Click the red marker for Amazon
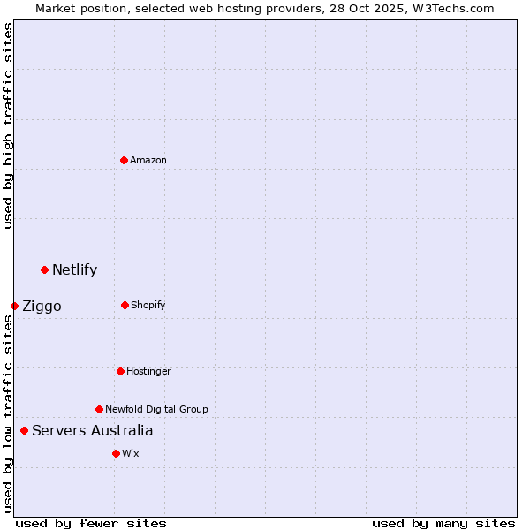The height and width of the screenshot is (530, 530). tap(124, 160)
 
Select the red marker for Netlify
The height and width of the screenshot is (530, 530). tap(44, 269)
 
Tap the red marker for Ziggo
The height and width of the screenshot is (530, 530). tap(14, 306)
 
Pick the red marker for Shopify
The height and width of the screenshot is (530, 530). tap(125, 305)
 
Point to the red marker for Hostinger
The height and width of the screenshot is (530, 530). tap(120, 371)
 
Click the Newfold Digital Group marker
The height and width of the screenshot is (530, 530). tap(99, 409)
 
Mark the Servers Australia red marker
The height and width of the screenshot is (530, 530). tap(24, 430)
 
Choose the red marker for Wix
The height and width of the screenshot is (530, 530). tap(116, 453)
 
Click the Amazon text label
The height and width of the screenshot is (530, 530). tap(148, 160)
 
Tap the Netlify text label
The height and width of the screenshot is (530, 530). tap(74, 270)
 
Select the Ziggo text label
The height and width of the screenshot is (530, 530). tap(42, 307)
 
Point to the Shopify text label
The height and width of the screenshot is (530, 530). tap(148, 305)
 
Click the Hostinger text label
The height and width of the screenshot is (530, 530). tap(148, 371)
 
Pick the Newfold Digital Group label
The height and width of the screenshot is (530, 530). tap(156, 409)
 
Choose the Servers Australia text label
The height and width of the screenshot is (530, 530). tap(92, 431)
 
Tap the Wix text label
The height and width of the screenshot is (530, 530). tap(131, 453)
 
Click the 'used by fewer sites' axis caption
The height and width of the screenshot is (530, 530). tap(91, 523)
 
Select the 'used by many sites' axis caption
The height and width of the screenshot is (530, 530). tap(443, 523)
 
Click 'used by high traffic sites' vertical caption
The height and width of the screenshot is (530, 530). tap(8, 125)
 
